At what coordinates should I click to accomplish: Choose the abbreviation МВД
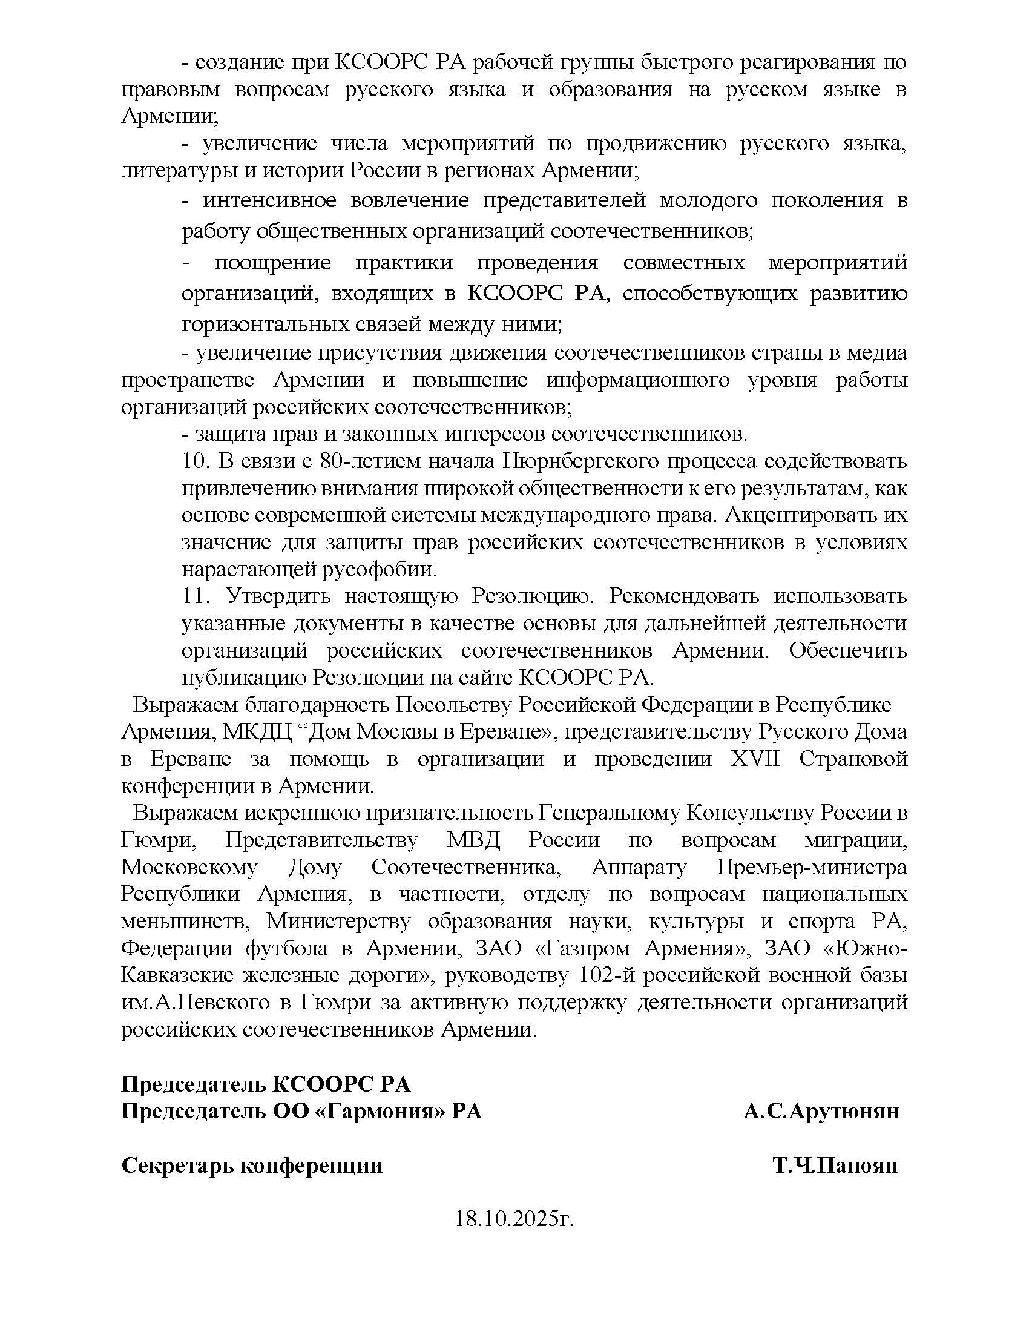tap(474, 840)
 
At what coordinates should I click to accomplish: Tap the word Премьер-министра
tap(811, 866)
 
